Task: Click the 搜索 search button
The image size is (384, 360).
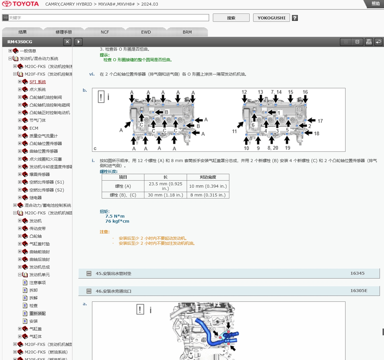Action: [231, 18]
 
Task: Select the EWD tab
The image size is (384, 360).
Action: [146, 32]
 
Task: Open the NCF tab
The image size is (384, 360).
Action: [105, 32]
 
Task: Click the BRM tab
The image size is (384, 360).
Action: [187, 32]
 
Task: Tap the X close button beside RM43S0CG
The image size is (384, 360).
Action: [67, 42]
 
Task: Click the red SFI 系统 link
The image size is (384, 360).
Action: [38, 82]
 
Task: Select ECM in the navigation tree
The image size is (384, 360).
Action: [34, 128]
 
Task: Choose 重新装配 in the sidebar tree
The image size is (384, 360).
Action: [38, 313]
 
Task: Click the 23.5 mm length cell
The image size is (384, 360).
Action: [166, 186]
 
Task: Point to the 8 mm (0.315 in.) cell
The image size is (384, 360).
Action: [208, 195]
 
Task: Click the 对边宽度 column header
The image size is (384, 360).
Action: [208, 177]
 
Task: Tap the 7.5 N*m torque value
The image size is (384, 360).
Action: [115, 216]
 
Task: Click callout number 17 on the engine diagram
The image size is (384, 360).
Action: [320, 121]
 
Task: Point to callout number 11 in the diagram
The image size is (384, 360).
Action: [234, 131]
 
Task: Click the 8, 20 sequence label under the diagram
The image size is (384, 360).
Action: [273, 148]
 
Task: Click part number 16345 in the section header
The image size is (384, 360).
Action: [357, 273]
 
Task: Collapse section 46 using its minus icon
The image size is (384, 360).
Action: [89, 291]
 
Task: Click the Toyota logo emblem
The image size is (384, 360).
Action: [7, 4]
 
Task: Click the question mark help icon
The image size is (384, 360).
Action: [295, 18]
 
